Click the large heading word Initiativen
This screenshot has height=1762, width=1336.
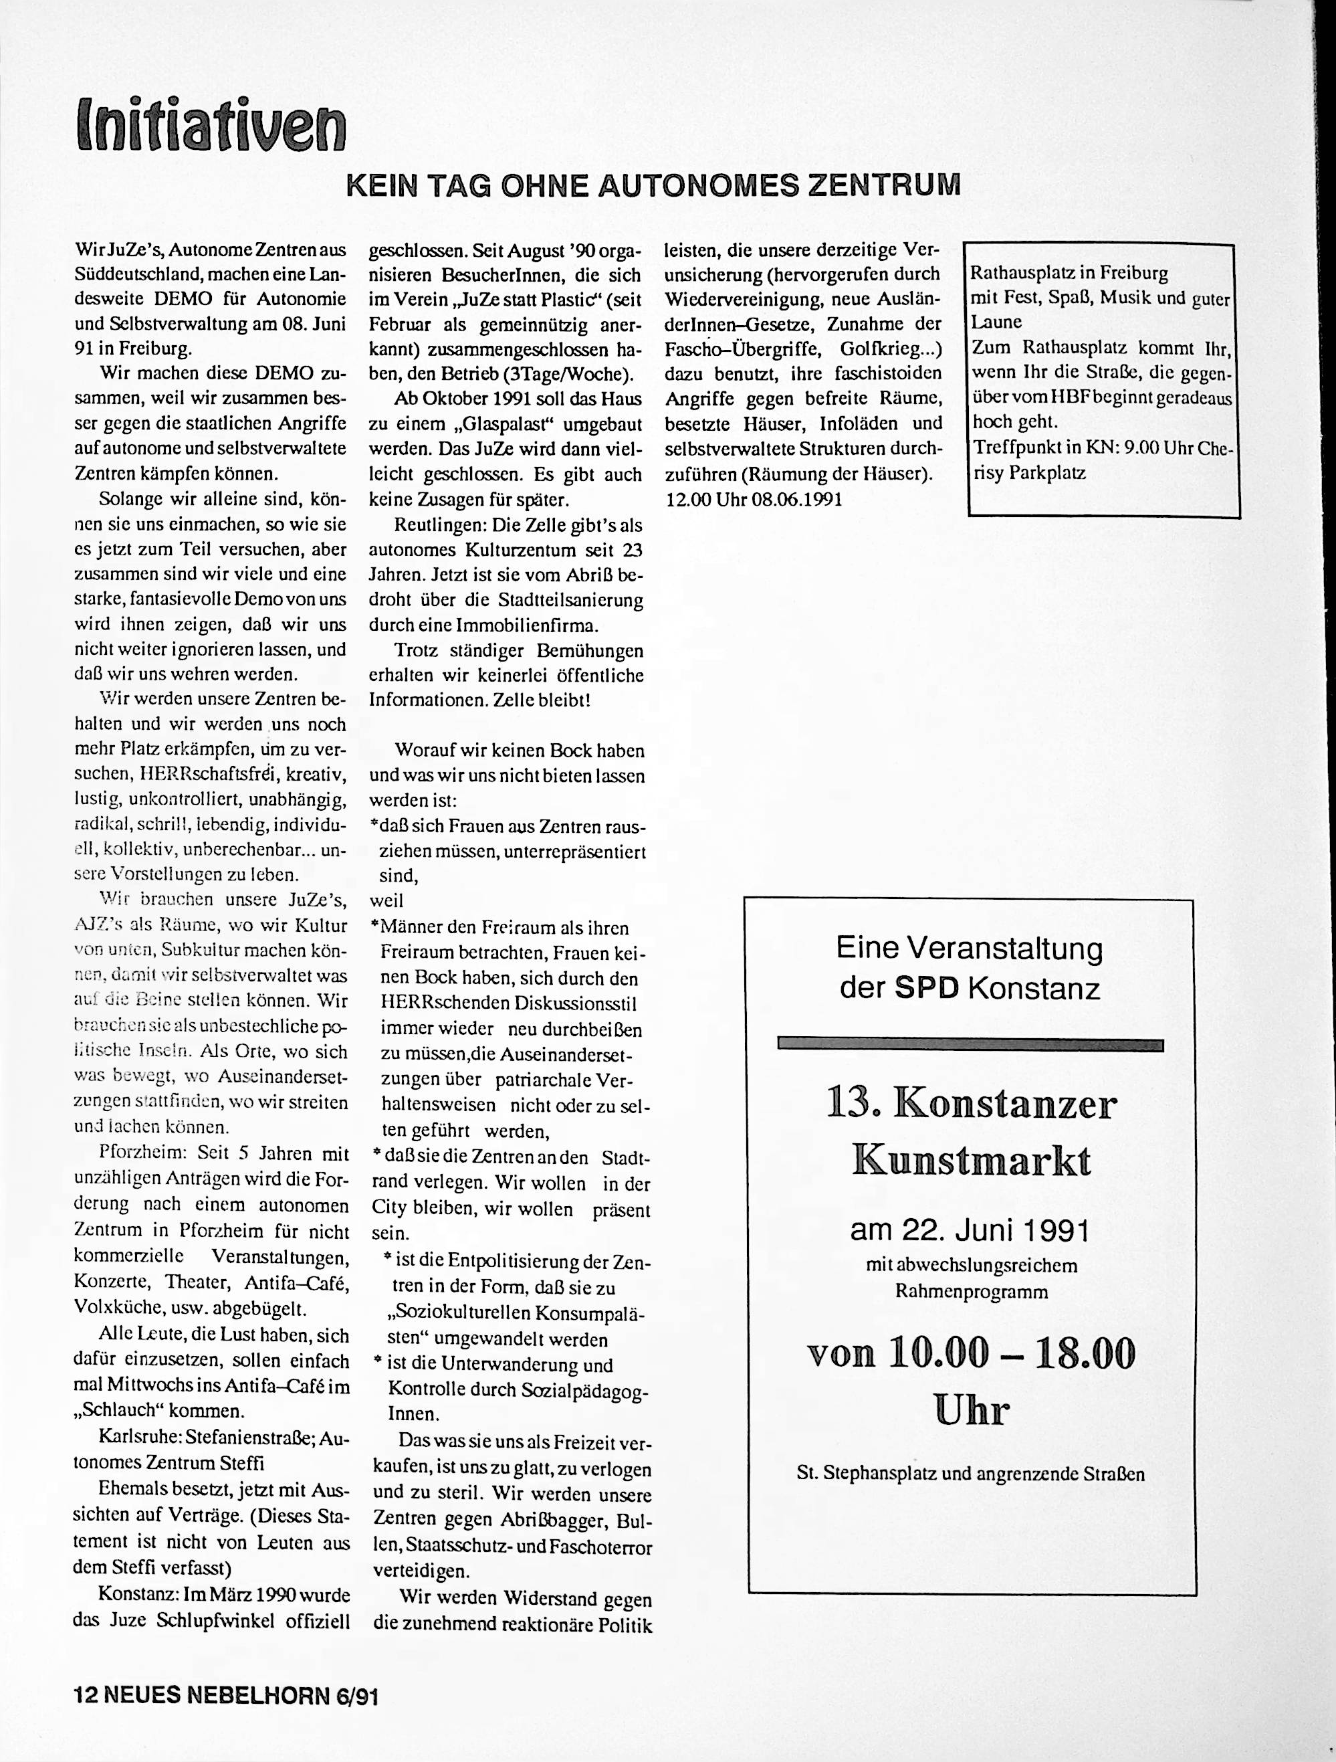[x=211, y=126]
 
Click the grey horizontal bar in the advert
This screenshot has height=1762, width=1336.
[x=970, y=1045]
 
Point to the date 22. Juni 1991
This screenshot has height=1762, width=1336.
[x=970, y=1232]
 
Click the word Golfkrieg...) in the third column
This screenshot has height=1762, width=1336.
[x=890, y=348]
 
